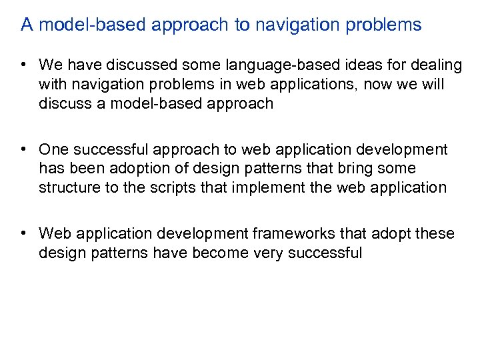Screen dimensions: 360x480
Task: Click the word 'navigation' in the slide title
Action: (x=303, y=25)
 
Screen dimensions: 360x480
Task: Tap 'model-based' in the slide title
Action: (x=75, y=25)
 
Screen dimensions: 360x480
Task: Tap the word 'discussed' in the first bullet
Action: (x=127, y=65)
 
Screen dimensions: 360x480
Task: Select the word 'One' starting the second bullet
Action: (x=54, y=149)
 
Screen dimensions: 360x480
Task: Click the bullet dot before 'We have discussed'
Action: (x=23, y=65)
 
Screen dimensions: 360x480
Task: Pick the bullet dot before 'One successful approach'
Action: (x=23, y=149)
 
